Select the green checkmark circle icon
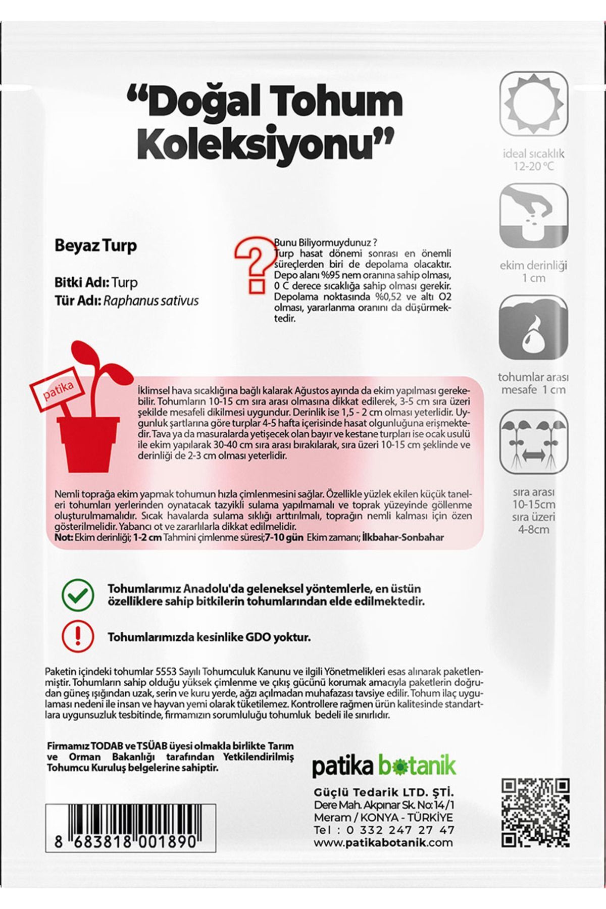tap(77, 595)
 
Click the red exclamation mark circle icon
tap(77, 636)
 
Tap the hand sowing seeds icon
tap(534, 215)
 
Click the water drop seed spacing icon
tap(534, 328)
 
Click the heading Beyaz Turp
tap(95, 246)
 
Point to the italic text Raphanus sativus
tap(151, 301)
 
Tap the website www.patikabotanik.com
tap(384, 842)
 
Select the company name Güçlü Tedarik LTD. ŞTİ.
tap(384, 790)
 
